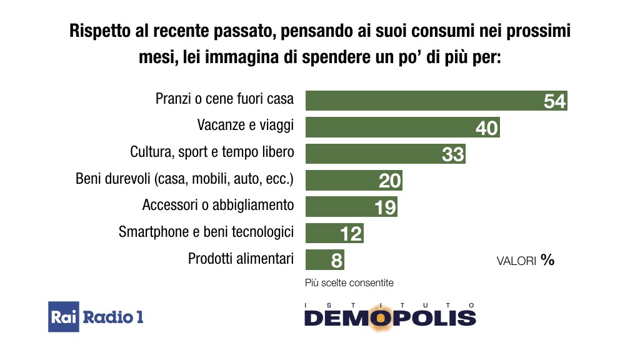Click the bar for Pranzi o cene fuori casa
(425, 101)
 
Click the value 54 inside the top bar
(554, 101)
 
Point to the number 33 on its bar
(453, 154)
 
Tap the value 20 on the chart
(390, 181)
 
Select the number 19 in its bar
(386, 207)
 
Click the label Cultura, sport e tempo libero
(212, 152)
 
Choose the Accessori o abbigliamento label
(218, 205)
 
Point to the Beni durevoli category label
(184, 179)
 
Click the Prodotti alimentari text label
(241, 258)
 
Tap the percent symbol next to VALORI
(548, 260)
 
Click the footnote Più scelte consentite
(349, 282)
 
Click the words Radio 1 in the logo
(113, 317)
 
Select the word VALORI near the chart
(516, 261)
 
